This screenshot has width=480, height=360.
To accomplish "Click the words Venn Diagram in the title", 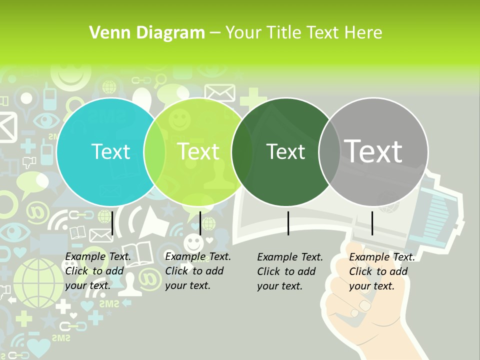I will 147,33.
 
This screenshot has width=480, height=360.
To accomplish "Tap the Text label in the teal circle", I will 111,151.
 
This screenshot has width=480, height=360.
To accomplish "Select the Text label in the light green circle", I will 198,151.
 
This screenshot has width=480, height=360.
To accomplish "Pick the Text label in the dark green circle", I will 285,151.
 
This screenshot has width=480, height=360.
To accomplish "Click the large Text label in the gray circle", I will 373,151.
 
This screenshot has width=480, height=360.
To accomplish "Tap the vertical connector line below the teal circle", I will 112,223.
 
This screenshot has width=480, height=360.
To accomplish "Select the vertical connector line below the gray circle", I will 372,223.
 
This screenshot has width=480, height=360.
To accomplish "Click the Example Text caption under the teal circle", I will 98,271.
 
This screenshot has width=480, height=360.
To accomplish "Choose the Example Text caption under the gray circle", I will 382,271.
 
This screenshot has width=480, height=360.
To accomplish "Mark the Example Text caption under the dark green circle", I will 290,271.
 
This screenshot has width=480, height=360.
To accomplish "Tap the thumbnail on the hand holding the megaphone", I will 365,305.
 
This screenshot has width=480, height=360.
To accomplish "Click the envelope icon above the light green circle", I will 219,92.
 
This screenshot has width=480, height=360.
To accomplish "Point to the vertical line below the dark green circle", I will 288,223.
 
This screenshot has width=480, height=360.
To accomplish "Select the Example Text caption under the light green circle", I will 198,271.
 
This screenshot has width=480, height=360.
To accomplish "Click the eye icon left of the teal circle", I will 46,120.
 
